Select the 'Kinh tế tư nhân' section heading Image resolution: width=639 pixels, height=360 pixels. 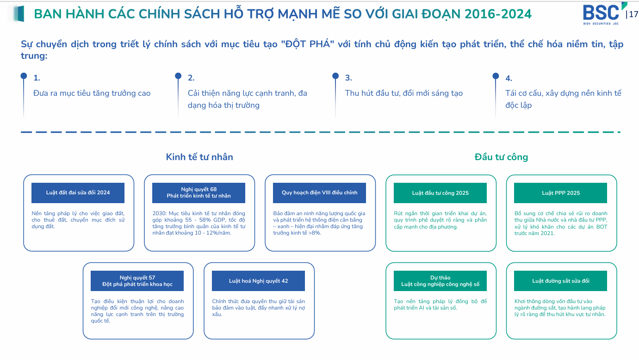199,157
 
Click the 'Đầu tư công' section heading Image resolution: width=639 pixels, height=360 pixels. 501,157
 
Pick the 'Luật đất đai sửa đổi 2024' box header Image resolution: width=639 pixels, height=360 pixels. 78,192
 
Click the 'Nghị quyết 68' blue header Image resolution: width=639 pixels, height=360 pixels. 199,192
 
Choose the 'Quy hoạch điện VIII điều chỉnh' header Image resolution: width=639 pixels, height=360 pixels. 320,192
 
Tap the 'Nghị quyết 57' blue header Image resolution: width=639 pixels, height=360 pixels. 137,281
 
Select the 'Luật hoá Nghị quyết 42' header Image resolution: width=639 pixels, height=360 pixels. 258,281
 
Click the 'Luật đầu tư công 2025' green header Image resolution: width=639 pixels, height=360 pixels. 440,193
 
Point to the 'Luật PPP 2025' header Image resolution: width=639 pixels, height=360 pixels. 561,193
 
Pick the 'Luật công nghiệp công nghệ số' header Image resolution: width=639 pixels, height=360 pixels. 440,281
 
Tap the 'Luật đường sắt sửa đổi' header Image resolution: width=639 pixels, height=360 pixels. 561,281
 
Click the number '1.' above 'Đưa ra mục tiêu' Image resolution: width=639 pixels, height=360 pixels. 37,78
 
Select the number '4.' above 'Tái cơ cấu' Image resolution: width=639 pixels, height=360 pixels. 509,78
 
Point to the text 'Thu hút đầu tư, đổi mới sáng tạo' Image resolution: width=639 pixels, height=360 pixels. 403,93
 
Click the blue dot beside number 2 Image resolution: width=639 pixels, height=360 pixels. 178,76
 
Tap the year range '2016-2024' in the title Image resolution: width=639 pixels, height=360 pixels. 498,14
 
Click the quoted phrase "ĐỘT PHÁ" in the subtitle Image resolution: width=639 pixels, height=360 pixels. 307,44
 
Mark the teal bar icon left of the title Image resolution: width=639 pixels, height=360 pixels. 19,14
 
